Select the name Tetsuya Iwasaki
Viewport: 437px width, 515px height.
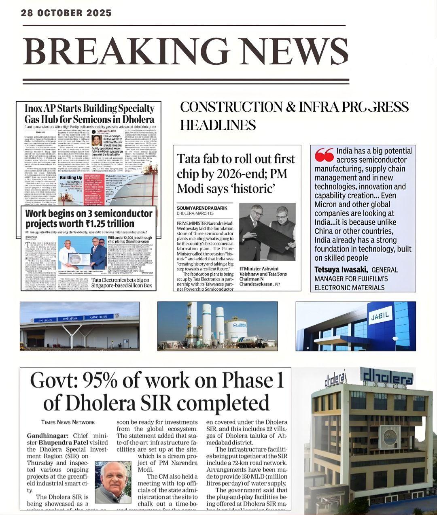click(x=341, y=270)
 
